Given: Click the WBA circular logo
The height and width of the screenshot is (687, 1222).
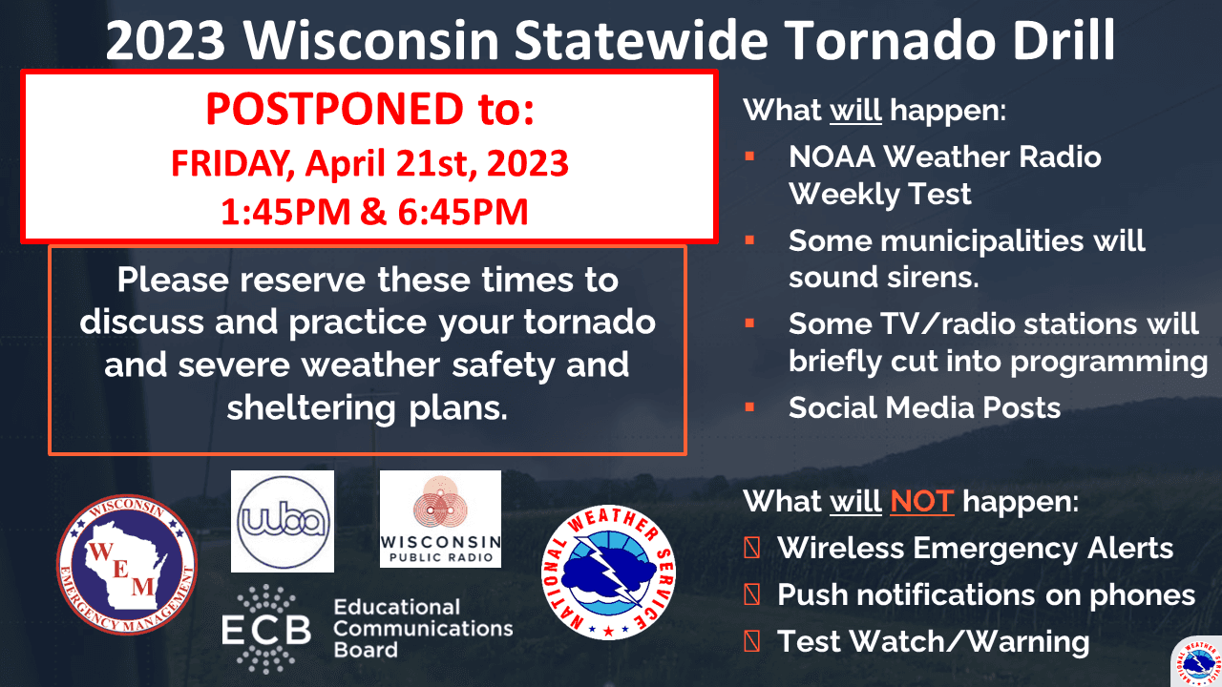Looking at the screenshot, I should coord(283,521).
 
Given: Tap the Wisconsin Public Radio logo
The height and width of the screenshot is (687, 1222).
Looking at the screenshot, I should coord(440,518).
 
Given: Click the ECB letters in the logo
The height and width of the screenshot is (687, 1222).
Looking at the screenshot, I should coord(266,631).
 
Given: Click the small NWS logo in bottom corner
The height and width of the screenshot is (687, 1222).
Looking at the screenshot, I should coord(1198,662).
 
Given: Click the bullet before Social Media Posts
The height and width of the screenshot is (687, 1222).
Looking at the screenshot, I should coord(749,407).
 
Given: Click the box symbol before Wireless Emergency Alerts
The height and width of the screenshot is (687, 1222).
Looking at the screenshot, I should coord(751,548).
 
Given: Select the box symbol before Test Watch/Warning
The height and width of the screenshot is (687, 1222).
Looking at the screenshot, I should coord(751,641).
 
